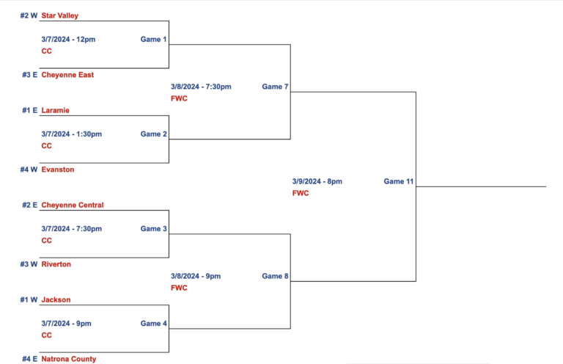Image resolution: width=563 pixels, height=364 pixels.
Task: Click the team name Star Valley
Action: tap(59, 15)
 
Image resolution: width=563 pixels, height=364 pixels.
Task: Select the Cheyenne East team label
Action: tap(67, 75)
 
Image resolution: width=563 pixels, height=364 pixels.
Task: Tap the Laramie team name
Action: tap(55, 110)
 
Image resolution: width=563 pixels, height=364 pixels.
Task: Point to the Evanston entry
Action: tap(58, 170)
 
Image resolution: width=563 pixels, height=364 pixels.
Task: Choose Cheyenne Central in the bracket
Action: tap(73, 205)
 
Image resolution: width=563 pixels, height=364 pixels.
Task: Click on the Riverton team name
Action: tap(56, 264)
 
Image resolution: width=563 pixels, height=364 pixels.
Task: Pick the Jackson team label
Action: tap(56, 299)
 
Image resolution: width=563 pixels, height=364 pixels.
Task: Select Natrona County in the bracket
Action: tap(69, 359)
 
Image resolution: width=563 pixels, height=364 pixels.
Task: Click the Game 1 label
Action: tap(153, 39)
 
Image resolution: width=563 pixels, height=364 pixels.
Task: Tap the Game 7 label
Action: tap(275, 87)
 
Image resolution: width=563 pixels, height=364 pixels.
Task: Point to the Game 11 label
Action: tap(399, 181)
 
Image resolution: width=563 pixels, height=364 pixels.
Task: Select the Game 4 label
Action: tap(154, 324)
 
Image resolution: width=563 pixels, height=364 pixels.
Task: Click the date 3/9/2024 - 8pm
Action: tap(317, 181)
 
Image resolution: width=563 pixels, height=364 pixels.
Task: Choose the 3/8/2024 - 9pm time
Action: tap(196, 276)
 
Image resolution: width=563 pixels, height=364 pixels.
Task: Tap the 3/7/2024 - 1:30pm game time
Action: tap(71, 134)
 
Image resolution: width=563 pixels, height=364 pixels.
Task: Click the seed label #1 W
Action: tap(29, 299)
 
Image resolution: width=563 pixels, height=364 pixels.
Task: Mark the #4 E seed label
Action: tap(30, 359)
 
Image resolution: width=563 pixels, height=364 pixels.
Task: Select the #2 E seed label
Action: tap(30, 205)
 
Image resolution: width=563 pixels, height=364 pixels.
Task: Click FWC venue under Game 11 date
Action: tap(301, 193)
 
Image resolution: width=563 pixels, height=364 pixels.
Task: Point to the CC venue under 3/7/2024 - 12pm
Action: tap(47, 51)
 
